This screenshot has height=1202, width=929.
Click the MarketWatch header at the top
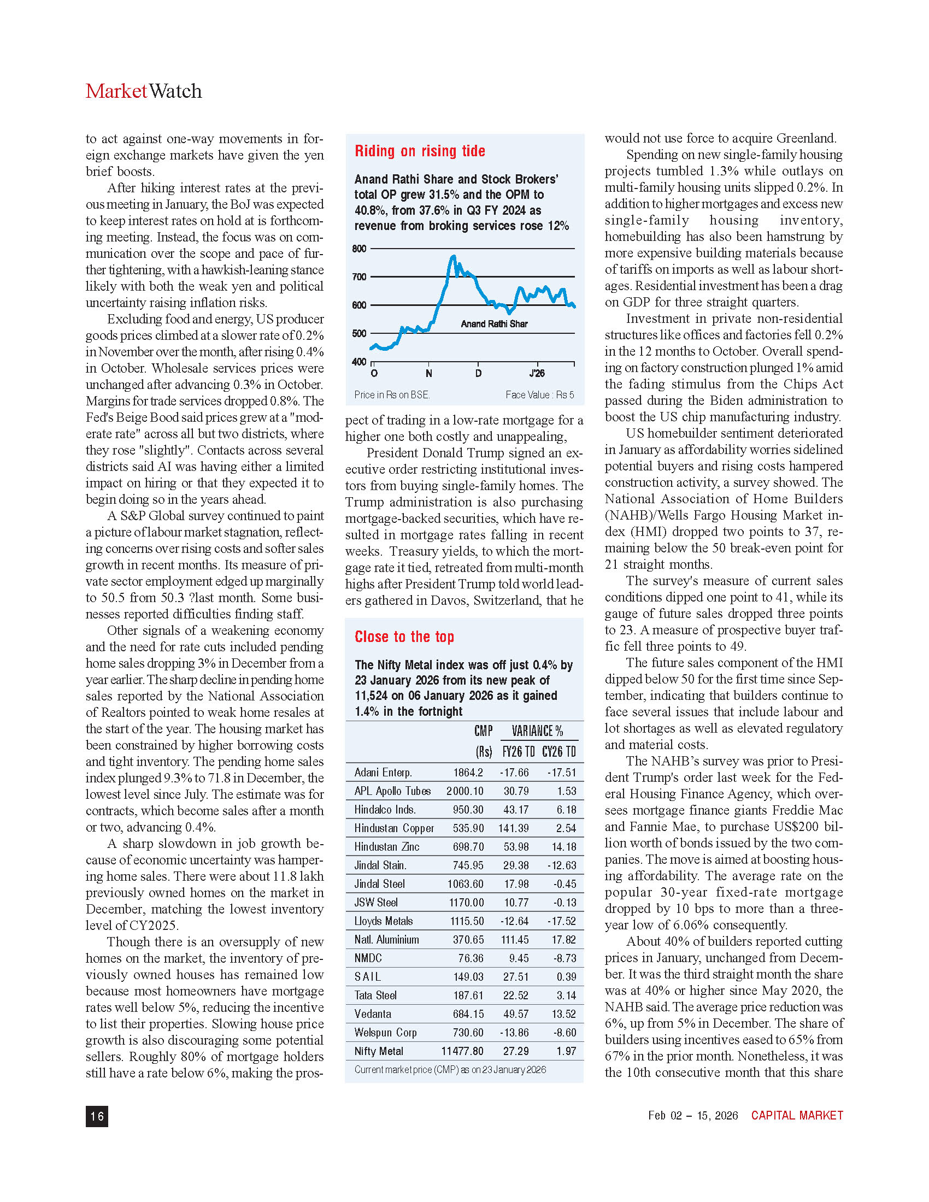pyautogui.click(x=144, y=91)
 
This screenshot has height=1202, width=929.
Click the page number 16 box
pyautogui.click(x=97, y=1116)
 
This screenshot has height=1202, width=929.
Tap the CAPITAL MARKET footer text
pyautogui.click(x=797, y=1115)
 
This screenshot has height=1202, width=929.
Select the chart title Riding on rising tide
pyautogui.click(x=420, y=151)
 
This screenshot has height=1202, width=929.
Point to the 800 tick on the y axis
pyautogui.click(x=360, y=249)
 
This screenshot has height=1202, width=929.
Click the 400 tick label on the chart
pyautogui.click(x=360, y=362)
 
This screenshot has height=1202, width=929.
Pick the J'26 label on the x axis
pyautogui.click(x=537, y=373)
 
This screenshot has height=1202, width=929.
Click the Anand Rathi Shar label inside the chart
pyautogui.click(x=494, y=323)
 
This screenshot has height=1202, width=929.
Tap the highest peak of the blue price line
pyautogui.click(x=454, y=256)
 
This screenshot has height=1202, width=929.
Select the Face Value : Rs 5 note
pyautogui.click(x=539, y=394)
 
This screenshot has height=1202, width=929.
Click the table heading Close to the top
pyautogui.click(x=404, y=637)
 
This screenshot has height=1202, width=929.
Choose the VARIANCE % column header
pyautogui.click(x=537, y=731)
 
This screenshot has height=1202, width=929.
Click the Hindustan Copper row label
pyautogui.click(x=394, y=828)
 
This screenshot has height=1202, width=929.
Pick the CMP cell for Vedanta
pyautogui.click(x=468, y=1014)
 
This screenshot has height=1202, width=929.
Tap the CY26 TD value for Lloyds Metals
pyautogui.click(x=561, y=921)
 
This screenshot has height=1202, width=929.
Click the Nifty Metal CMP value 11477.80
pyautogui.click(x=462, y=1051)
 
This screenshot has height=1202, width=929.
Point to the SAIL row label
pyautogui.click(x=368, y=977)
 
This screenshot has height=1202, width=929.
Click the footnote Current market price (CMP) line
pyautogui.click(x=450, y=1069)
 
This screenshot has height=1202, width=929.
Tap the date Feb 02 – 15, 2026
pyautogui.click(x=693, y=1115)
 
